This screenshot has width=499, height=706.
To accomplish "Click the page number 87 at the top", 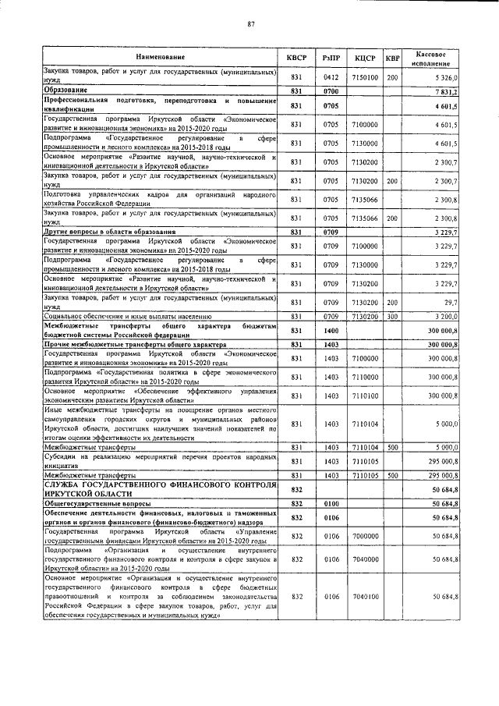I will (x=252, y=24).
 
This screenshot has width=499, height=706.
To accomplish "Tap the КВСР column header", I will (x=297, y=58).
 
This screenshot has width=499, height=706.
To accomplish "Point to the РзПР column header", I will (x=331, y=58).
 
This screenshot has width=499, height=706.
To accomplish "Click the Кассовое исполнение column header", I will (x=436, y=58).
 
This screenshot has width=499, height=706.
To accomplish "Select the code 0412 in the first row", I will (x=331, y=78).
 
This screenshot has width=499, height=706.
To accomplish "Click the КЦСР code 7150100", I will (x=365, y=78).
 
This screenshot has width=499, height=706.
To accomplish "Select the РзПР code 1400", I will (x=331, y=330).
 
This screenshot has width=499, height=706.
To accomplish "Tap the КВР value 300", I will (x=393, y=316).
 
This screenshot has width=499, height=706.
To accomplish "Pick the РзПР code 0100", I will (x=331, y=504).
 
